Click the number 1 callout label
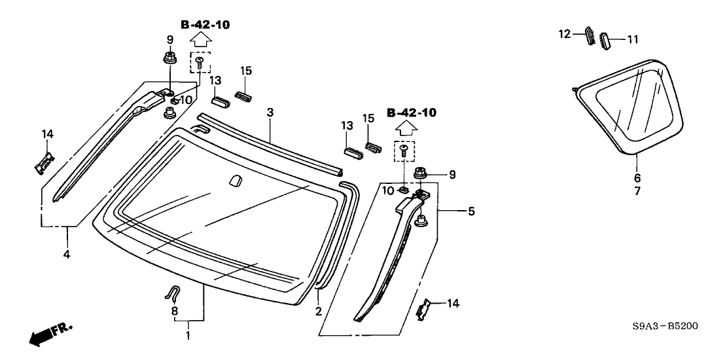[x=188, y=336]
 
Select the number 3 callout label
[x=270, y=113]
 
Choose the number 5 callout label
[x=472, y=211]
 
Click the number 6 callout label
[x=637, y=177]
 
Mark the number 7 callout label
[x=637, y=191]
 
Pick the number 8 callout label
[x=174, y=312]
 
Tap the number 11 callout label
[x=633, y=39]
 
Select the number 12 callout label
[x=565, y=33]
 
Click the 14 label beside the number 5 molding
[x=452, y=303]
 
